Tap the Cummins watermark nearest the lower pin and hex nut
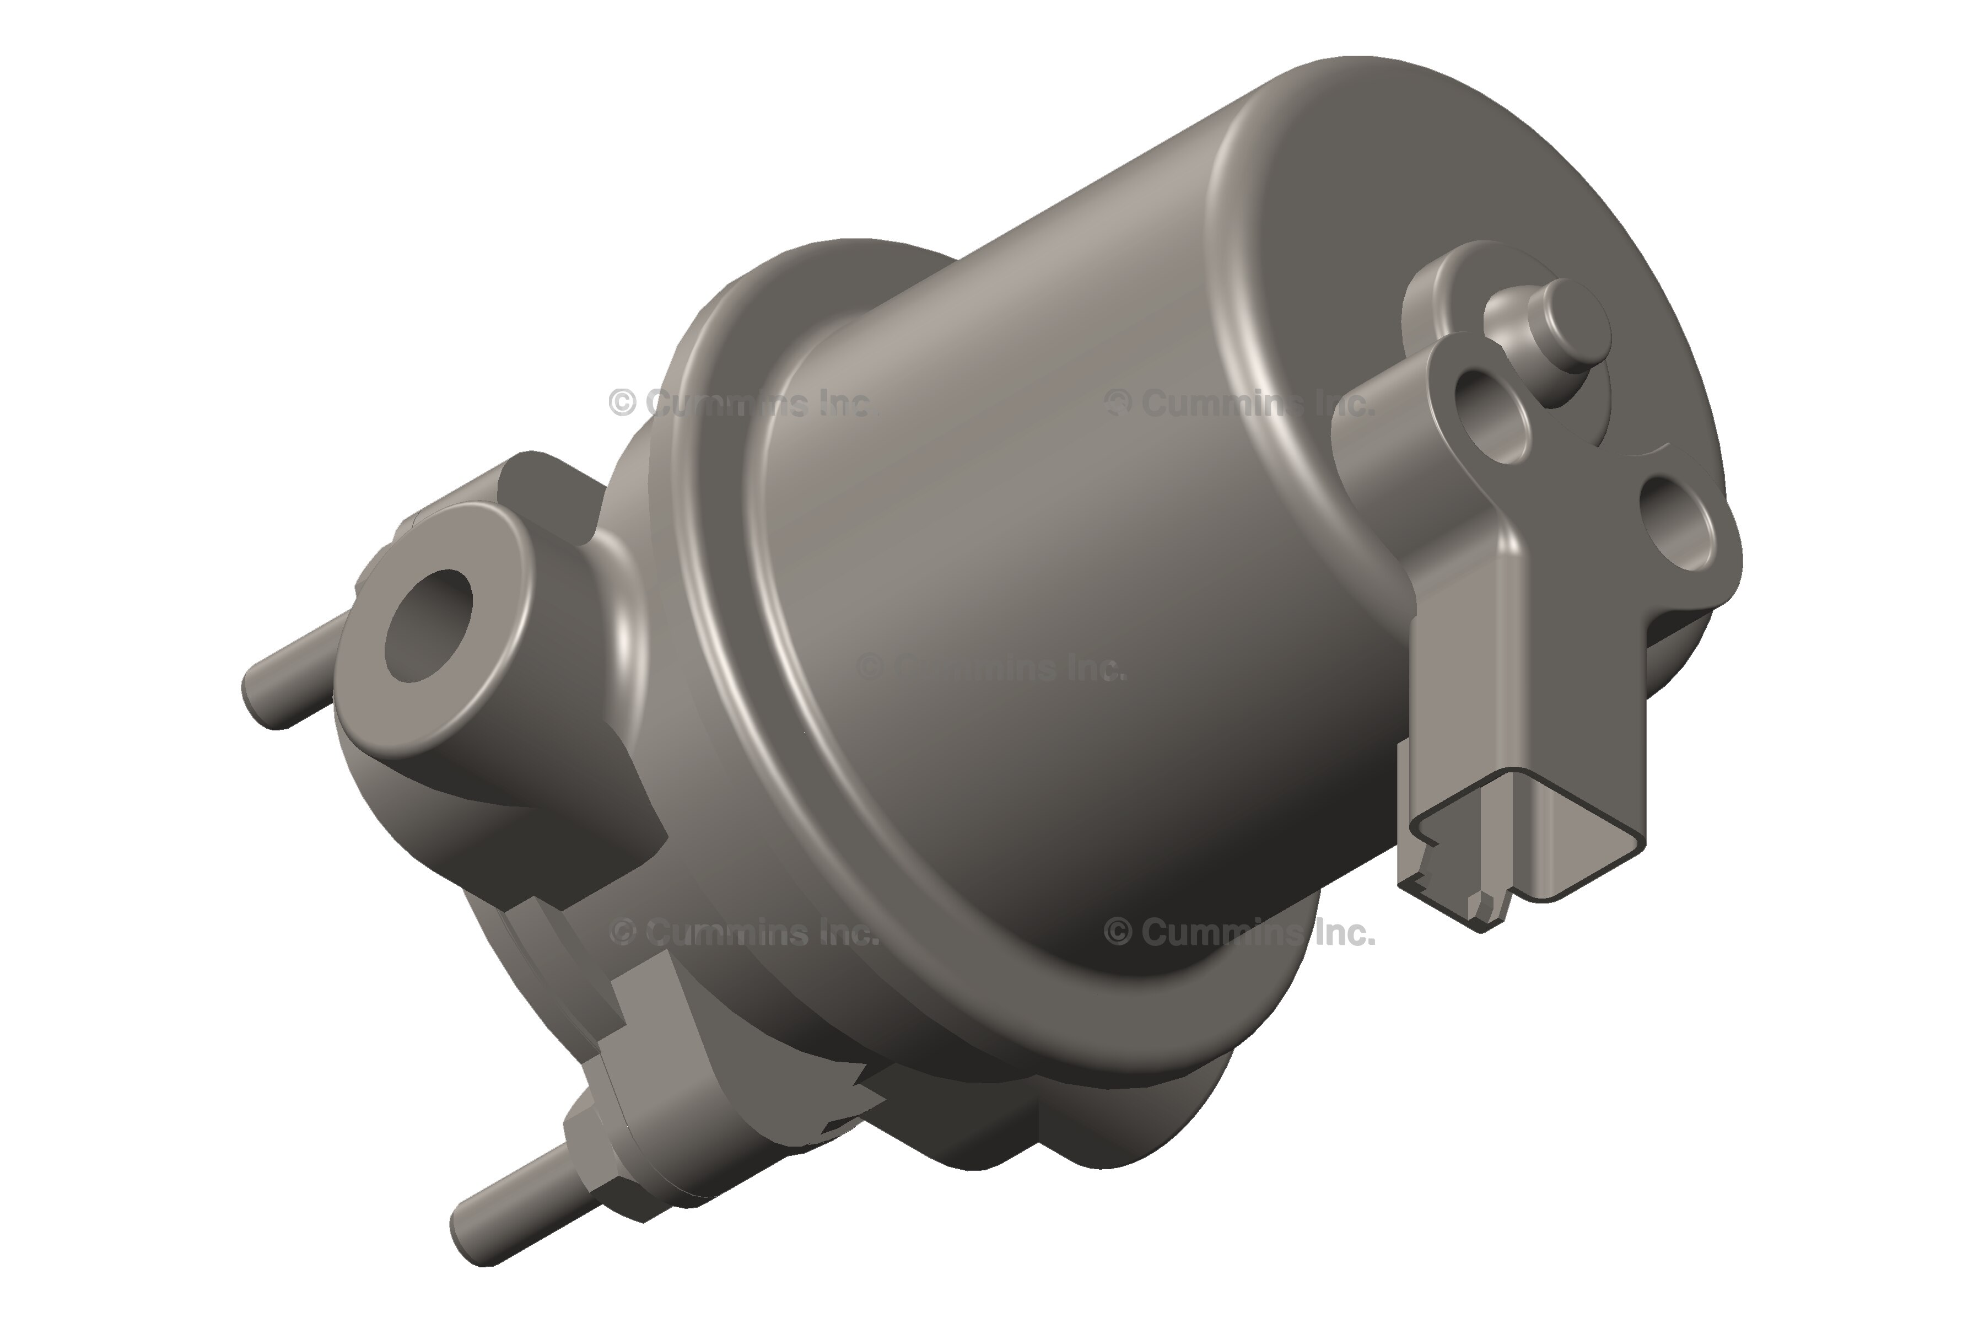point(742,932)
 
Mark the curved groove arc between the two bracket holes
point(1624,451)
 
